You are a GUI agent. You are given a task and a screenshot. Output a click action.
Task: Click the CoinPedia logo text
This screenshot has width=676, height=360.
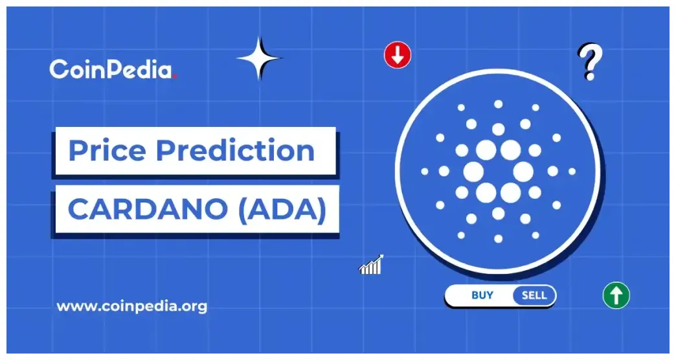111,69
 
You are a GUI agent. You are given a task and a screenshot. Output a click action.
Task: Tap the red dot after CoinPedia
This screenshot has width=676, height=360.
175,76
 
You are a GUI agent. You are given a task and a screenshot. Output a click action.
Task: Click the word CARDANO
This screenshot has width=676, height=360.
152,210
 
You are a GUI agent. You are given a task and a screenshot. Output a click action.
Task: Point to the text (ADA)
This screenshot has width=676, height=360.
286,210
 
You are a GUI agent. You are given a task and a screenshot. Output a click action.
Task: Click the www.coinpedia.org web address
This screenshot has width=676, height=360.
132,306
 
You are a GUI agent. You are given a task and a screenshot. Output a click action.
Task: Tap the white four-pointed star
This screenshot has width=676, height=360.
260,58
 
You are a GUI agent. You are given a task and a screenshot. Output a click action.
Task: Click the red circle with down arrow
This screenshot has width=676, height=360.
397,56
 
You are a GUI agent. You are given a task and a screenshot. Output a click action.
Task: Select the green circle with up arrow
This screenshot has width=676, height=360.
616,296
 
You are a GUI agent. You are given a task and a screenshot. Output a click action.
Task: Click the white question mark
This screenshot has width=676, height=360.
588,62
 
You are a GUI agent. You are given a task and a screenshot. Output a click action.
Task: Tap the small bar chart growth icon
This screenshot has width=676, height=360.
371,265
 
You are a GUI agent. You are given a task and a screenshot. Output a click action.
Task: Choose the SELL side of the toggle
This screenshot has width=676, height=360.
534,296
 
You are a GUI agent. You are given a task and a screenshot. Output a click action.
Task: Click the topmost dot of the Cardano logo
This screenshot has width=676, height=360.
498,104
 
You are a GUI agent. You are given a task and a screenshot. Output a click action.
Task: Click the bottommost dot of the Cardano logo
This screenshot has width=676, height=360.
498,239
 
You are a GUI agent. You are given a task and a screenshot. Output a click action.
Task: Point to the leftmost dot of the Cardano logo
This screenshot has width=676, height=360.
425,172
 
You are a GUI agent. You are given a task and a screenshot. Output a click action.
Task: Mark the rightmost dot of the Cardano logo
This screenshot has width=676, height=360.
572,172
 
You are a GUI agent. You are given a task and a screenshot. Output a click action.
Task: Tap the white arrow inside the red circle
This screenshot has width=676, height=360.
397,56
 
